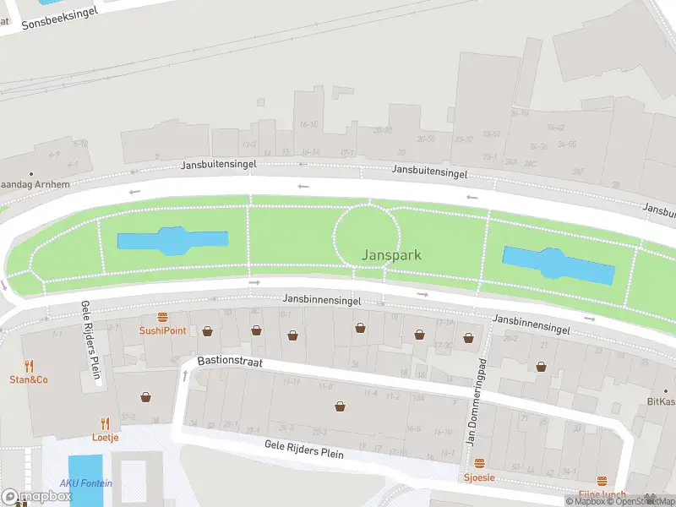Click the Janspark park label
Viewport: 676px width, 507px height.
391,254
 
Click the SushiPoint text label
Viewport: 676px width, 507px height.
162,330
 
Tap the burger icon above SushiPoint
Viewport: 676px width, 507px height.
162,318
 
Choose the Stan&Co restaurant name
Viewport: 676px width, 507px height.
29,379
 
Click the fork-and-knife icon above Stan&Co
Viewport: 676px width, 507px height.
29,366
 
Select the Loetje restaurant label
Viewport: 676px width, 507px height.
106,437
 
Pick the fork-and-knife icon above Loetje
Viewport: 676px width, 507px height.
106,423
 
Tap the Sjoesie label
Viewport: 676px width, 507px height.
479,477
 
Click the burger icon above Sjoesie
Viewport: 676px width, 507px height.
479,464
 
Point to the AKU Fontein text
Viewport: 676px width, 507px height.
85,483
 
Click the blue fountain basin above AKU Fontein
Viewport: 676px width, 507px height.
84,473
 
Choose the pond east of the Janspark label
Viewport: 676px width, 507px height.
558,264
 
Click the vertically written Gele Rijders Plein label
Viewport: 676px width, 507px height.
91,342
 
